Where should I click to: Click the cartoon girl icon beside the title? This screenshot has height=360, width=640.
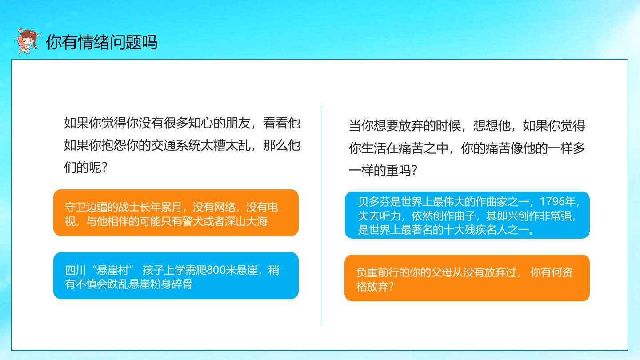click(x=28, y=41)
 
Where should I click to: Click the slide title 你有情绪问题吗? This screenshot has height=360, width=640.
click(x=102, y=42)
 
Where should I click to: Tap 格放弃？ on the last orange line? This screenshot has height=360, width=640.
click(x=375, y=286)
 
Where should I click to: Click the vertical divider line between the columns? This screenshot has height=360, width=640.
click(x=321, y=215)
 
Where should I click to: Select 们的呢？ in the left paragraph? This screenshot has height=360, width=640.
click(x=86, y=168)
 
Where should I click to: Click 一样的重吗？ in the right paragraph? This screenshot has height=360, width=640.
click(x=383, y=171)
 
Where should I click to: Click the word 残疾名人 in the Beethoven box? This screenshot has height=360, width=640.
click(x=485, y=230)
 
